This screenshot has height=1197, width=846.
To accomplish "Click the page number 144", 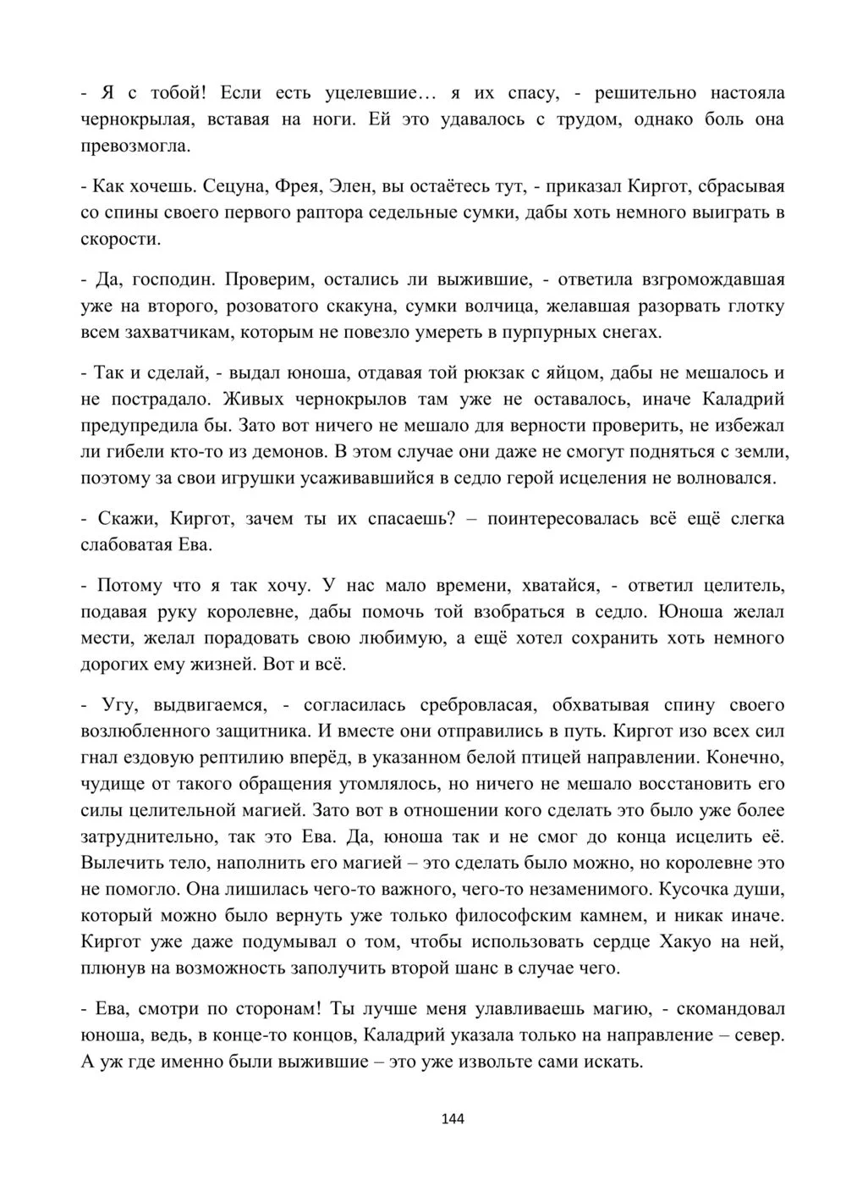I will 453,1119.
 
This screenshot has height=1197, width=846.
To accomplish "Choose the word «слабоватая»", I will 127,545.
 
